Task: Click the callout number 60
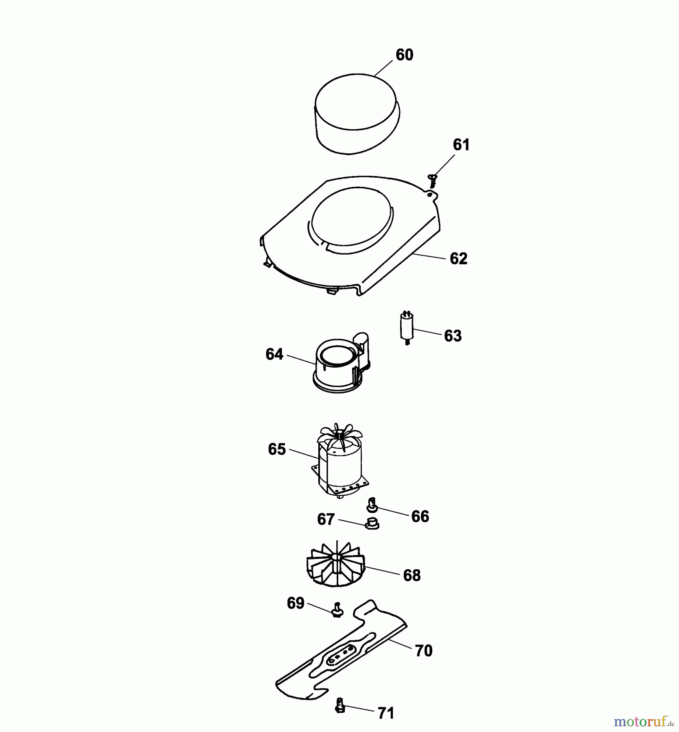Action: pos(404,55)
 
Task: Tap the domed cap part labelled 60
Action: pos(357,114)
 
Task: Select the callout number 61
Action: pos(461,145)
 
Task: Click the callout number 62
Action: pos(459,259)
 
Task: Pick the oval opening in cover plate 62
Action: pos(352,220)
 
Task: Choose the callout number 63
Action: pos(453,336)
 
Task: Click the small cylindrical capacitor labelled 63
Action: pos(405,328)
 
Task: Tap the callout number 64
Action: pos(274,354)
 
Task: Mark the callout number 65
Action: pos(277,449)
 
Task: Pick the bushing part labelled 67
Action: pos(371,523)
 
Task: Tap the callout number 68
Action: pos(412,575)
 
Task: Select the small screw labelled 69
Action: pos(337,610)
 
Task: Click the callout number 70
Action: pos(423,651)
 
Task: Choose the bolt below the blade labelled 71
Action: pos(340,706)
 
